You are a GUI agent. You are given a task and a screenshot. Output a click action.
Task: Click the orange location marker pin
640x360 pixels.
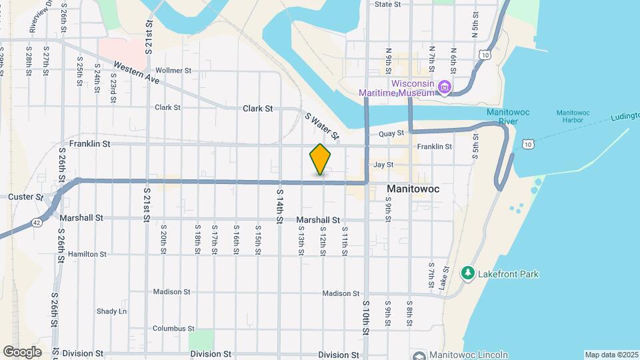point(321,159)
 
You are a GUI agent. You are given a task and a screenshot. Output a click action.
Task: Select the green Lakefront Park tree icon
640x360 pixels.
point(467,273)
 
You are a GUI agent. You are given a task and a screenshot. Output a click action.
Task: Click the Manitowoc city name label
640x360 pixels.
point(413,189)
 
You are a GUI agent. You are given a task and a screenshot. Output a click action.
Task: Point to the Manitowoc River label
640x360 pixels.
point(508,117)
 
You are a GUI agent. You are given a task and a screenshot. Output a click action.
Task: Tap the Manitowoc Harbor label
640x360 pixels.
point(573,117)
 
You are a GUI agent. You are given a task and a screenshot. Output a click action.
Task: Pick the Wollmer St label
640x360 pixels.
point(173,70)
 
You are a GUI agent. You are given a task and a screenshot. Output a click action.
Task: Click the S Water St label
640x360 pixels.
point(321,125)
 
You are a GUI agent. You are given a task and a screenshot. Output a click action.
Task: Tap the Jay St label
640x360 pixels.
point(383,164)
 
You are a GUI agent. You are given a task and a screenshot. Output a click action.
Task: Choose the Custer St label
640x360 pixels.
point(25,197)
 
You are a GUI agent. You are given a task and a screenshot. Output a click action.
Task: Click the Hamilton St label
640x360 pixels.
point(87,254)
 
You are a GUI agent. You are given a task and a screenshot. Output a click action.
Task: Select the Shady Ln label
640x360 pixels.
point(111,311)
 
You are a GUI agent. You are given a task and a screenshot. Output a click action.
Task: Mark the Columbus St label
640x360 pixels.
point(173,328)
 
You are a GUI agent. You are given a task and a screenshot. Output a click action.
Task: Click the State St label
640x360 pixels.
point(387,4)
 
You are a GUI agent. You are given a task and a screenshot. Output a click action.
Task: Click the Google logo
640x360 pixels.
point(22,351)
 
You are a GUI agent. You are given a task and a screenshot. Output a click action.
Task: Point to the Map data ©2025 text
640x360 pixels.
point(610,355)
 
